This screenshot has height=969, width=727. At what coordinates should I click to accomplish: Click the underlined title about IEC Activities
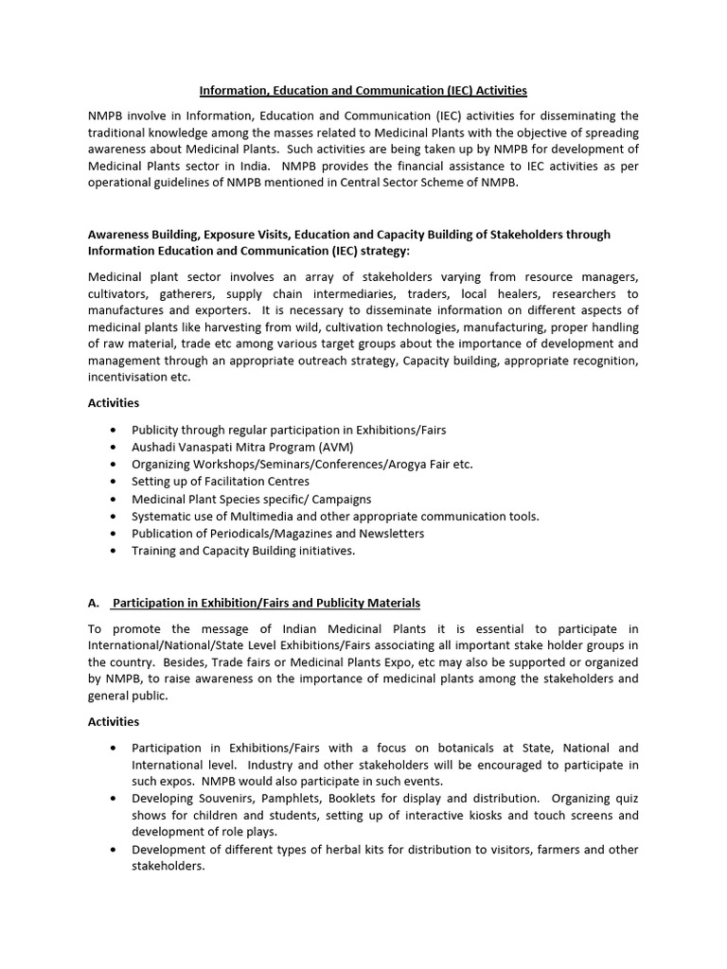tap(363, 91)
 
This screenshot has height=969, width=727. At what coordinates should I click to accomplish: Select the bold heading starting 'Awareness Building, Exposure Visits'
tap(348, 242)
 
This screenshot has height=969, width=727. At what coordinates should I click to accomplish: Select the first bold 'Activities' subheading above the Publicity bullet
tap(114, 403)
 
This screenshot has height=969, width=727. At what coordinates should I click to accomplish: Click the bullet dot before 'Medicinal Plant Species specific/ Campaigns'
tap(114, 499)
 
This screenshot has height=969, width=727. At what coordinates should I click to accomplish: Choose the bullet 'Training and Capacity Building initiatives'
tap(243, 550)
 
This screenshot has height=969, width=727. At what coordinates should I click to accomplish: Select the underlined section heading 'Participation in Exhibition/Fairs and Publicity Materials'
tap(266, 603)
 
